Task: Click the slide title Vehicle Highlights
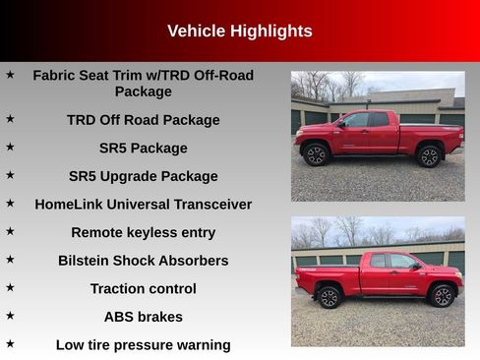(x=239, y=31)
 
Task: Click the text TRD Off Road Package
(x=143, y=120)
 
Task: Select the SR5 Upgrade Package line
(x=143, y=176)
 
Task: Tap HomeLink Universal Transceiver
(x=143, y=205)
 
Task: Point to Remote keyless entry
(x=143, y=233)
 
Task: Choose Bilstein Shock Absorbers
(x=143, y=261)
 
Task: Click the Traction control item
(x=143, y=289)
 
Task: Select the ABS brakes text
(x=143, y=317)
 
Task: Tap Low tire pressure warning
(x=143, y=345)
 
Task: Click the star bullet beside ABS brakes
(x=10, y=316)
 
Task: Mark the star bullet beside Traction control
(x=10, y=287)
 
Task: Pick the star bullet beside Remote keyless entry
(x=10, y=231)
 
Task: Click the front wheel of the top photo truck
(x=316, y=155)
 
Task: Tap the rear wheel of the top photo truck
(x=429, y=156)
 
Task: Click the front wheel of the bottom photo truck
(x=443, y=296)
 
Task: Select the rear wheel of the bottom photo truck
(x=329, y=297)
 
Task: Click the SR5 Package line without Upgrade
(x=143, y=149)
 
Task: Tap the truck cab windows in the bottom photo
(x=391, y=262)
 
